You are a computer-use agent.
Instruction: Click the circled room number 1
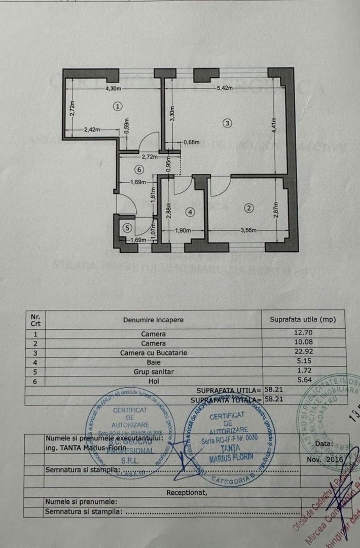pos(118,107)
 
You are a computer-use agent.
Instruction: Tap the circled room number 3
pos(228,122)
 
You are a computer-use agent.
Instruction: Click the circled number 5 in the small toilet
pos(127,228)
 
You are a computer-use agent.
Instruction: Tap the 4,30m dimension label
pos(113,89)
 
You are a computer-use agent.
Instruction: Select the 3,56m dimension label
pos(248,231)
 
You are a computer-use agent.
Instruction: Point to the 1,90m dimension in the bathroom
pos(182,231)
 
